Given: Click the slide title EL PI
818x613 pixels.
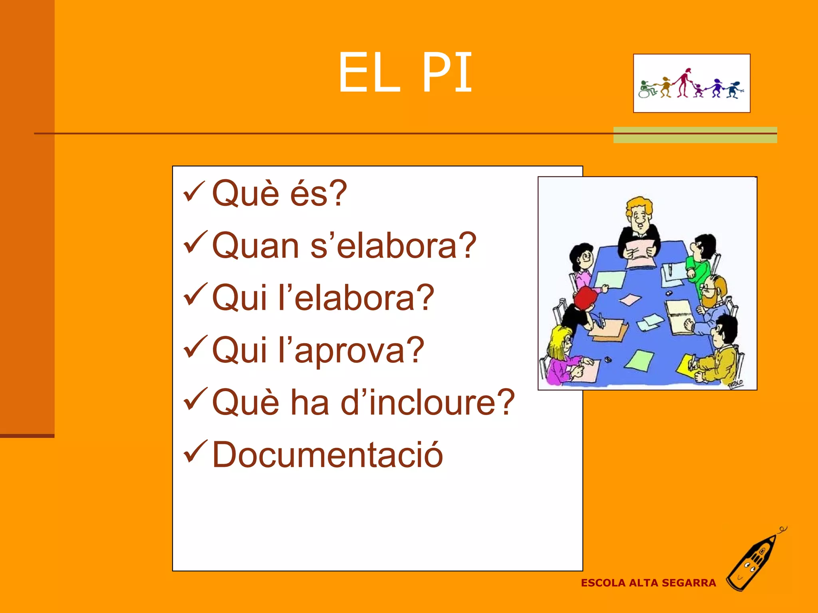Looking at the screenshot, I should (x=405, y=73).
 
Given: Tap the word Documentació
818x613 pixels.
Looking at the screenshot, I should (x=328, y=455).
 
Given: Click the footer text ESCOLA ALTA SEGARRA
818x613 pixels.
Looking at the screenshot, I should (x=648, y=583).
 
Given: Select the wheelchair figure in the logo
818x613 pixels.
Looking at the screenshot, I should (x=646, y=89).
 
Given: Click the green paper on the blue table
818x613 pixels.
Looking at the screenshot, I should (x=640, y=359).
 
